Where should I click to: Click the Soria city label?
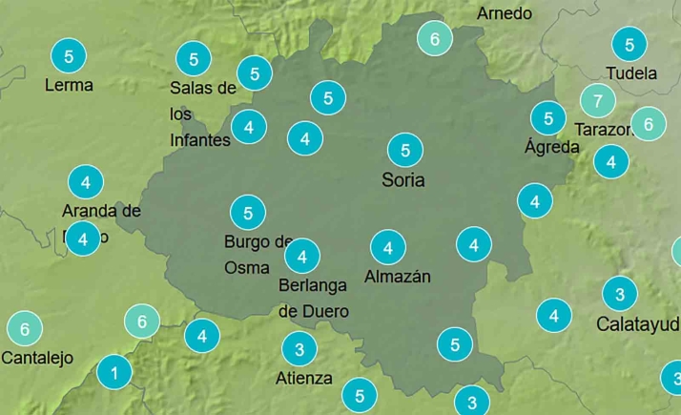click(x=402, y=179)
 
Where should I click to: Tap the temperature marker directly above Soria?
click(x=405, y=150)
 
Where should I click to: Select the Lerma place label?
click(x=69, y=85)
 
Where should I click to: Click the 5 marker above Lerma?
click(x=69, y=56)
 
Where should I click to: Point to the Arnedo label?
click(x=505, y=13)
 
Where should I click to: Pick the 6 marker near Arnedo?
click(x=435, y=39)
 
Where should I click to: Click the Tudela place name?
click(x=631, y=73)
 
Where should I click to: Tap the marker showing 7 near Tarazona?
click(x=598, y=100)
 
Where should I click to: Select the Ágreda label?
click(x=552, y=147)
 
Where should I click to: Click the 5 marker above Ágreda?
click(x=548, y=118)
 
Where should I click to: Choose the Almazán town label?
click(x=398, y=277)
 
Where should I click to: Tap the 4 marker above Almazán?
click(x=388, y=248)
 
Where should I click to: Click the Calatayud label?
click(x=637, y=323)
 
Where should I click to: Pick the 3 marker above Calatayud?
click(x=620, y=294)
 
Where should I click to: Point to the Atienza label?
click(x=304, y=378)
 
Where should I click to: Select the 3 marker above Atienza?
click(x=299, y=348)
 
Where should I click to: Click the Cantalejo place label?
click(x=37, y=359)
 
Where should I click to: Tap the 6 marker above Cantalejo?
click(x=25, y=329)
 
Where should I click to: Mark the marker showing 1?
click(x=114, y=372)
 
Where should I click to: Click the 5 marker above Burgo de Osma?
click(x=248, y=212)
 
